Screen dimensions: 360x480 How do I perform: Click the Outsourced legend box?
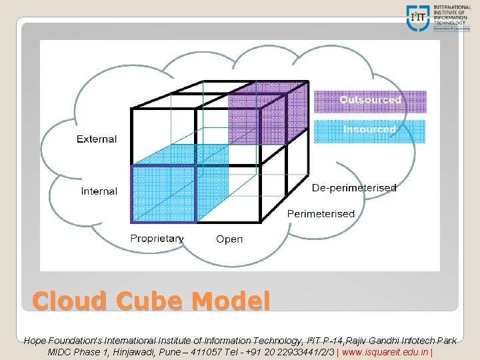point(370,101)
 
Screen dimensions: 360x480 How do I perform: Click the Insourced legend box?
point(370,130)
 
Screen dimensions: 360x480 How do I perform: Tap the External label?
point(97,139)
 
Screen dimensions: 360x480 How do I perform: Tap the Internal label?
point(99,191)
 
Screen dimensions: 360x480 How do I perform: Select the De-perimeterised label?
point(354,188)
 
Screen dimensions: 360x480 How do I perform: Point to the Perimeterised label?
point(321,214)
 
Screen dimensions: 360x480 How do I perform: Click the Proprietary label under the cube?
point(157,239)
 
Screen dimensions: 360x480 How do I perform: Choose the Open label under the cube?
point(229,239)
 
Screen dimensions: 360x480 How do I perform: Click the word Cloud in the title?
point(70,301)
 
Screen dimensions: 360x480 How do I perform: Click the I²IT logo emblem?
point(419,17)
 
